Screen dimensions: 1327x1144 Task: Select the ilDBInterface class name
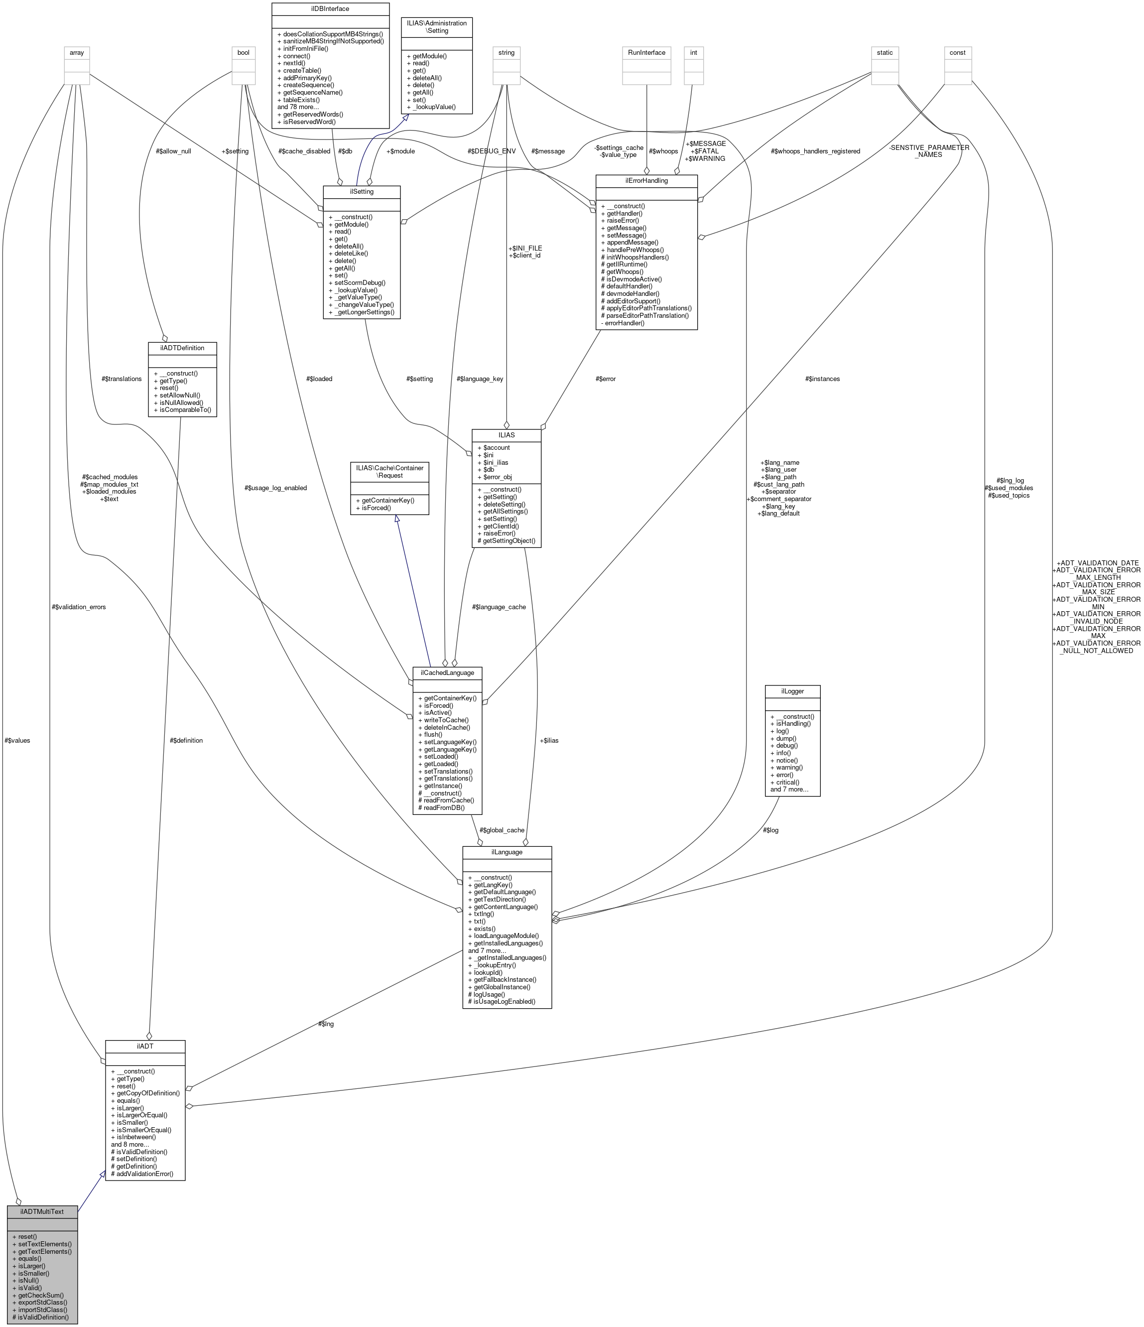(330, 9)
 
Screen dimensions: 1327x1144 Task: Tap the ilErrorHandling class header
(646, 181)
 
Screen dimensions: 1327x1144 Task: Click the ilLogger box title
(792, 691)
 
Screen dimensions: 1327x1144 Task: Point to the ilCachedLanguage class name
(447, 672)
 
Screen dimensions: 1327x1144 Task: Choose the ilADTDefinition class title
(182, 348)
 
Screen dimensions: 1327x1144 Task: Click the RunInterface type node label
(646, 52)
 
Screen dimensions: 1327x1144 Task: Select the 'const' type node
(957, 52)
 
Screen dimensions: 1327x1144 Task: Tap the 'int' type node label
(693, 52)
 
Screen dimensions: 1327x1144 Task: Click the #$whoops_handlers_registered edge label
(816, 151)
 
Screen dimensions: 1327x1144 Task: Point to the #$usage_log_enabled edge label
(275, 488)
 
